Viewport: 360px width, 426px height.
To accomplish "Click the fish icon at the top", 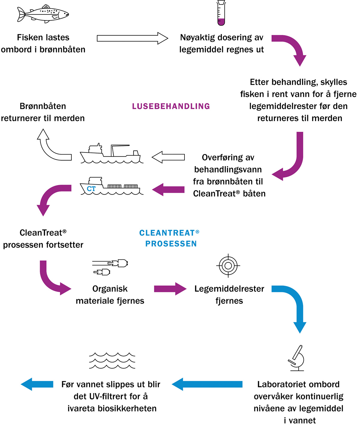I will point(43,14).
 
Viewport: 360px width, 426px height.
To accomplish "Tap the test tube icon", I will point(221,13).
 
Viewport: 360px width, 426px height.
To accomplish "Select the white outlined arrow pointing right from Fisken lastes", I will point(132,38).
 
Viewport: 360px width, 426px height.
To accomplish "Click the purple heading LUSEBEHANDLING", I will point(171,106).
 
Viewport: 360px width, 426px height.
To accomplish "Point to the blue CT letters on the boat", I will point(91,189).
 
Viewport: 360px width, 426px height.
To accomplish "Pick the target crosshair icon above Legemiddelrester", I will point(228,265).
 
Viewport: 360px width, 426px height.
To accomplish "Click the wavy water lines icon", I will point(112,361).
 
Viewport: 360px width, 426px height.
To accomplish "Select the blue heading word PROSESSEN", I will point(171,244).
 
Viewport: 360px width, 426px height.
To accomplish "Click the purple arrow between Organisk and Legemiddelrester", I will point(170,289).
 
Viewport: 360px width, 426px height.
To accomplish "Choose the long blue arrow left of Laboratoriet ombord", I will point(207,384).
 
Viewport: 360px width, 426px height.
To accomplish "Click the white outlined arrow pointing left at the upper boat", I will point(168,157).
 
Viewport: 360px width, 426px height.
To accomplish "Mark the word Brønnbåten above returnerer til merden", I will point(43,106).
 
